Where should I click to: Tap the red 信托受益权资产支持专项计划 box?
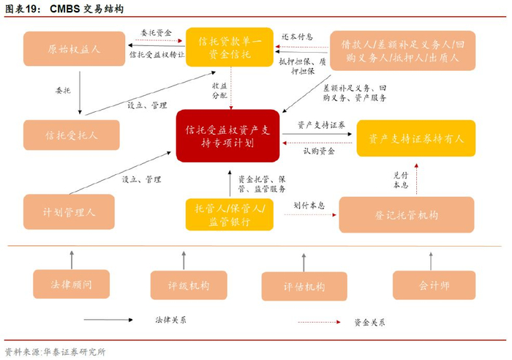(x=227, y=136)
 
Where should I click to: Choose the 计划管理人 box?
(x=69, y=212)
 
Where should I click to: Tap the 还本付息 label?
(x=298, y=37)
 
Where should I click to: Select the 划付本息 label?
(x=309, y=206)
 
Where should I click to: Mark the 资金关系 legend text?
(x=369, y=321)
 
